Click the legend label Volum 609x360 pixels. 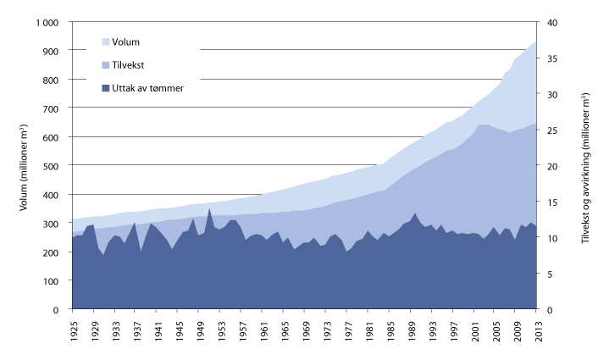[125, 41]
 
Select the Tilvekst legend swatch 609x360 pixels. [105, 64]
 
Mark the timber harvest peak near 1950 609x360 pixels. [209, 208]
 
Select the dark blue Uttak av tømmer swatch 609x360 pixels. [105, 87]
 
